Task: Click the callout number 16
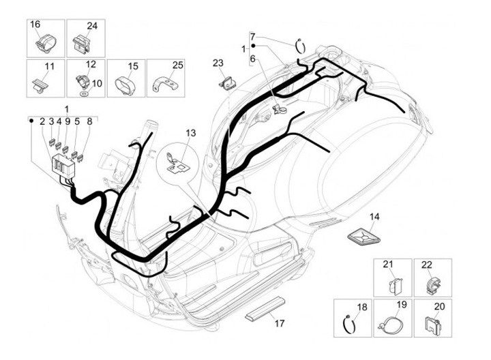tap(35, 25)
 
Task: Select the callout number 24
tap(91, 26)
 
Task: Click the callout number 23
tap(218, 63)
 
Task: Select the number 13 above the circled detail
tap(190, 132)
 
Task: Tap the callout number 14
tap(374, 217)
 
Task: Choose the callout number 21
tap(388, 265)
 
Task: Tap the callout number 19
tap(401, 305)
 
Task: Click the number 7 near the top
tap(252, 35)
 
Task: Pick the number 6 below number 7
tap(252, 59)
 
